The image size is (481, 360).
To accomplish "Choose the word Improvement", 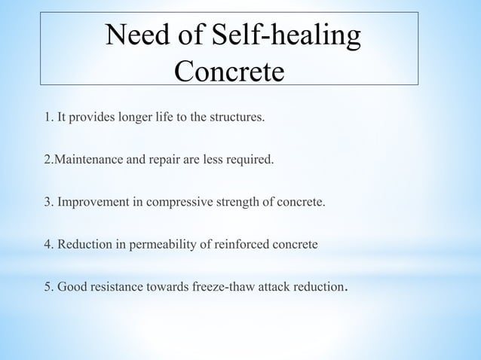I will coord(91,203).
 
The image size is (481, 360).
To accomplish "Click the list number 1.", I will coord(47,118).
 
